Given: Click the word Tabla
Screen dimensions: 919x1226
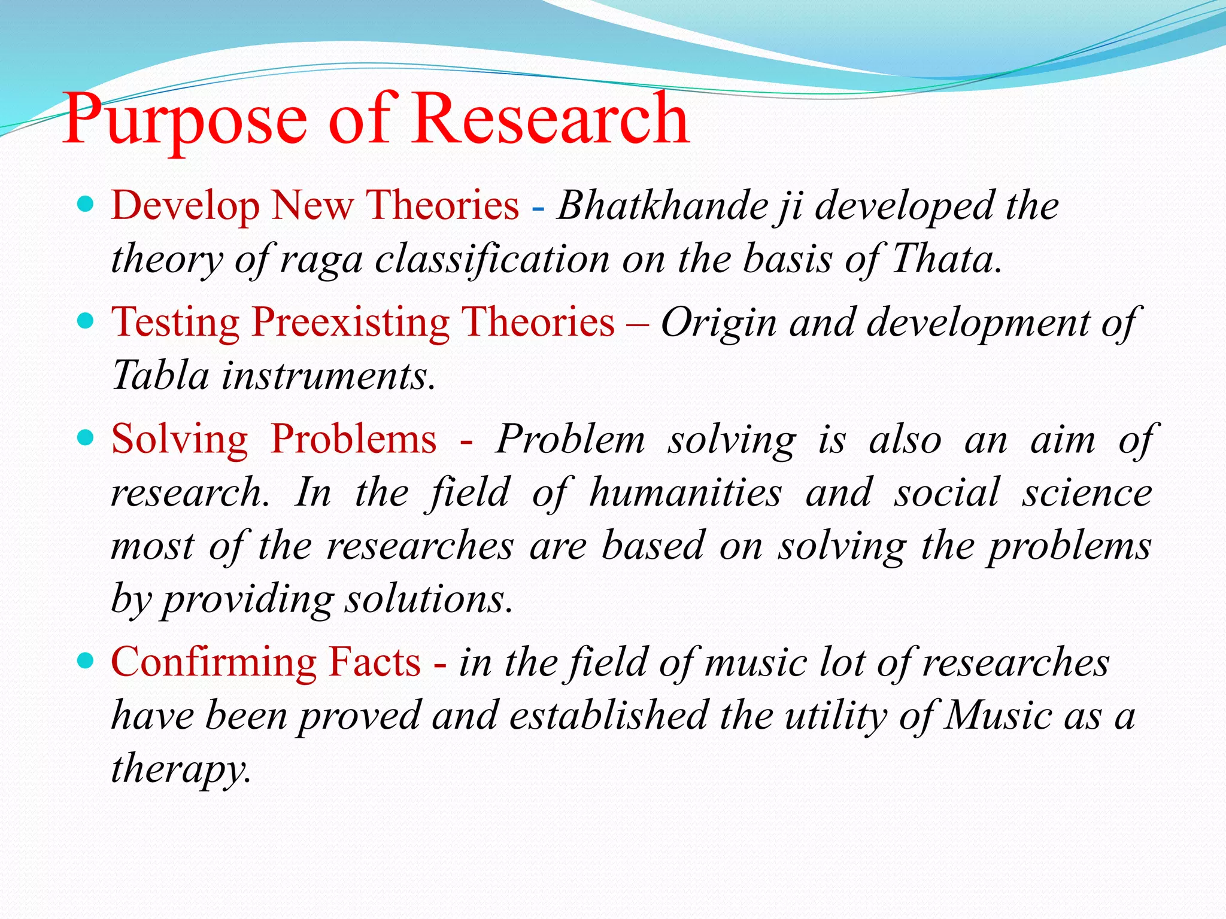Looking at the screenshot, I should [x=160, y=376].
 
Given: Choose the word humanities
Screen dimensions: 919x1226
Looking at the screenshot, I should [x=685, y=493].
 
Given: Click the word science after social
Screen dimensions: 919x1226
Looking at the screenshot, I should [x=1087, y=493].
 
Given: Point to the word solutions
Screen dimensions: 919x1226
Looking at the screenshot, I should [x=429, y=599].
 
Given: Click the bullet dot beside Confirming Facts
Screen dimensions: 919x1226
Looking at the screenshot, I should [x=86, y=661].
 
